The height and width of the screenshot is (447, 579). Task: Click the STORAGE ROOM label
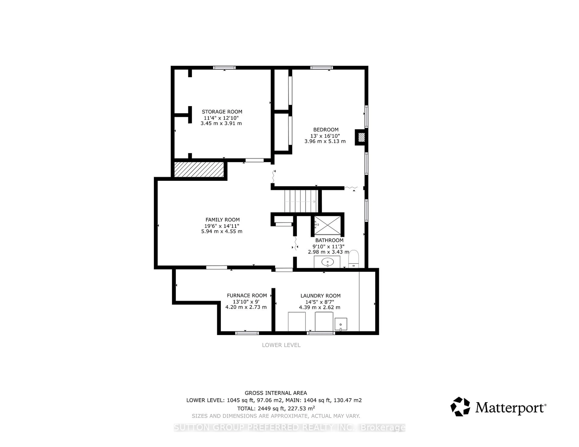tap(222, 112)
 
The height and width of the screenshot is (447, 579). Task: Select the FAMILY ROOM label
tap(222, 220)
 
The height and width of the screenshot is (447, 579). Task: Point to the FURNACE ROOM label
tap(247, 295)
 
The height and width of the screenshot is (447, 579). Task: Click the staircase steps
tap(301, 201)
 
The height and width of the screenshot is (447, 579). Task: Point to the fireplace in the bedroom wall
tap(361, 137)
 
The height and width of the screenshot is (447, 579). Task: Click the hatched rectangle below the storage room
tap(199, 169)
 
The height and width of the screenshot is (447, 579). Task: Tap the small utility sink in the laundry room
tap(341, 324)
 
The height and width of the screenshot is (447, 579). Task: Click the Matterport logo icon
tap(460, 406)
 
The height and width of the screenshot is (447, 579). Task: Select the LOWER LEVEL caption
tap(281, 345)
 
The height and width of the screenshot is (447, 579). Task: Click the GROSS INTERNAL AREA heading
tap(276, 393)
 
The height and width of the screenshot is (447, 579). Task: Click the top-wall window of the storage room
tap(224, 68)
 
